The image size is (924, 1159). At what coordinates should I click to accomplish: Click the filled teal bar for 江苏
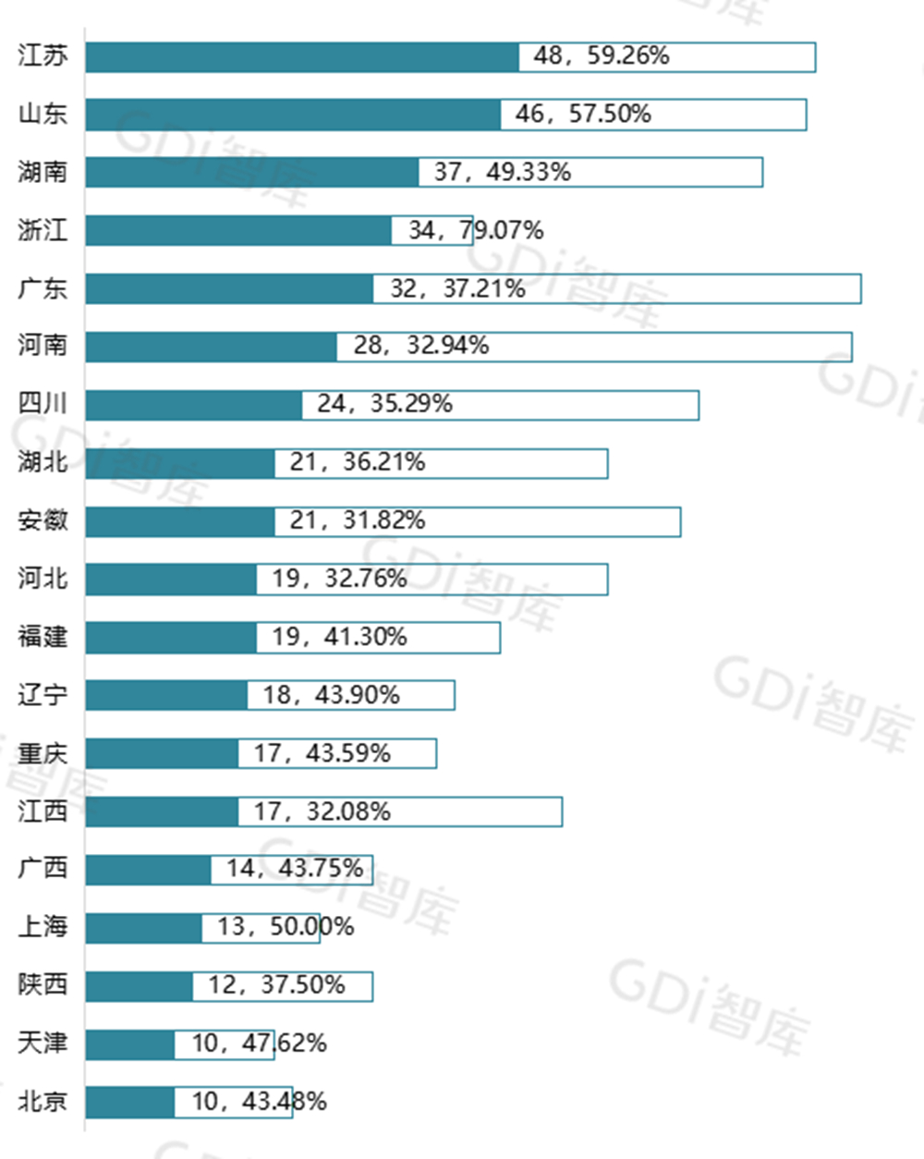coord(302,56)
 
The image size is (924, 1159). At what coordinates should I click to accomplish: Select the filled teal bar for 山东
coord(293,115)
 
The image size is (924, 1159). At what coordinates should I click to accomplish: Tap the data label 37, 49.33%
coord(503,172)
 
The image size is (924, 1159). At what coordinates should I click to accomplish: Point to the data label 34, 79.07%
coord(476,230)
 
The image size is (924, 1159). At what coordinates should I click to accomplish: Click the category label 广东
coord(43,288)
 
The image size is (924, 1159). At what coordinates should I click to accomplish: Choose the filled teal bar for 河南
coord(211,347)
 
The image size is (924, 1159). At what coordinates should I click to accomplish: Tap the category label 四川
coord(43,404)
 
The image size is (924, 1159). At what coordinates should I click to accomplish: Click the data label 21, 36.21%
coord(358,462)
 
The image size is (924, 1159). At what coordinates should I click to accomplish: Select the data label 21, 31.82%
coord(358,520)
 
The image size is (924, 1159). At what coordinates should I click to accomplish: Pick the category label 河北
coord(43,579)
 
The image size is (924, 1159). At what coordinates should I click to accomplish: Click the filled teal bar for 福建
coord(171,637)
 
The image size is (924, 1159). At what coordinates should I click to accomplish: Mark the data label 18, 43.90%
coord(331,695)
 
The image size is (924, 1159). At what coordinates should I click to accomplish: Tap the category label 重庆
coord(43,753)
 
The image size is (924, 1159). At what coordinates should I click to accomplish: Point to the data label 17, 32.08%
coord(322,811)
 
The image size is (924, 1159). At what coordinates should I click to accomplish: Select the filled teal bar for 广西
coord(148,870)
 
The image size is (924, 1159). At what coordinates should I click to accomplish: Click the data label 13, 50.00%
coord(286,927)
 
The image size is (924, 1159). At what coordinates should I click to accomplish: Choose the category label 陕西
coord(43,985)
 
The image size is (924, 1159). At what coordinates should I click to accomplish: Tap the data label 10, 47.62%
coord(259,1043)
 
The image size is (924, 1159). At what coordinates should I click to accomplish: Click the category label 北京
coord(43,1102)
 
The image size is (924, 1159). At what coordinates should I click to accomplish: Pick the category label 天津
coord(43,1043)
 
